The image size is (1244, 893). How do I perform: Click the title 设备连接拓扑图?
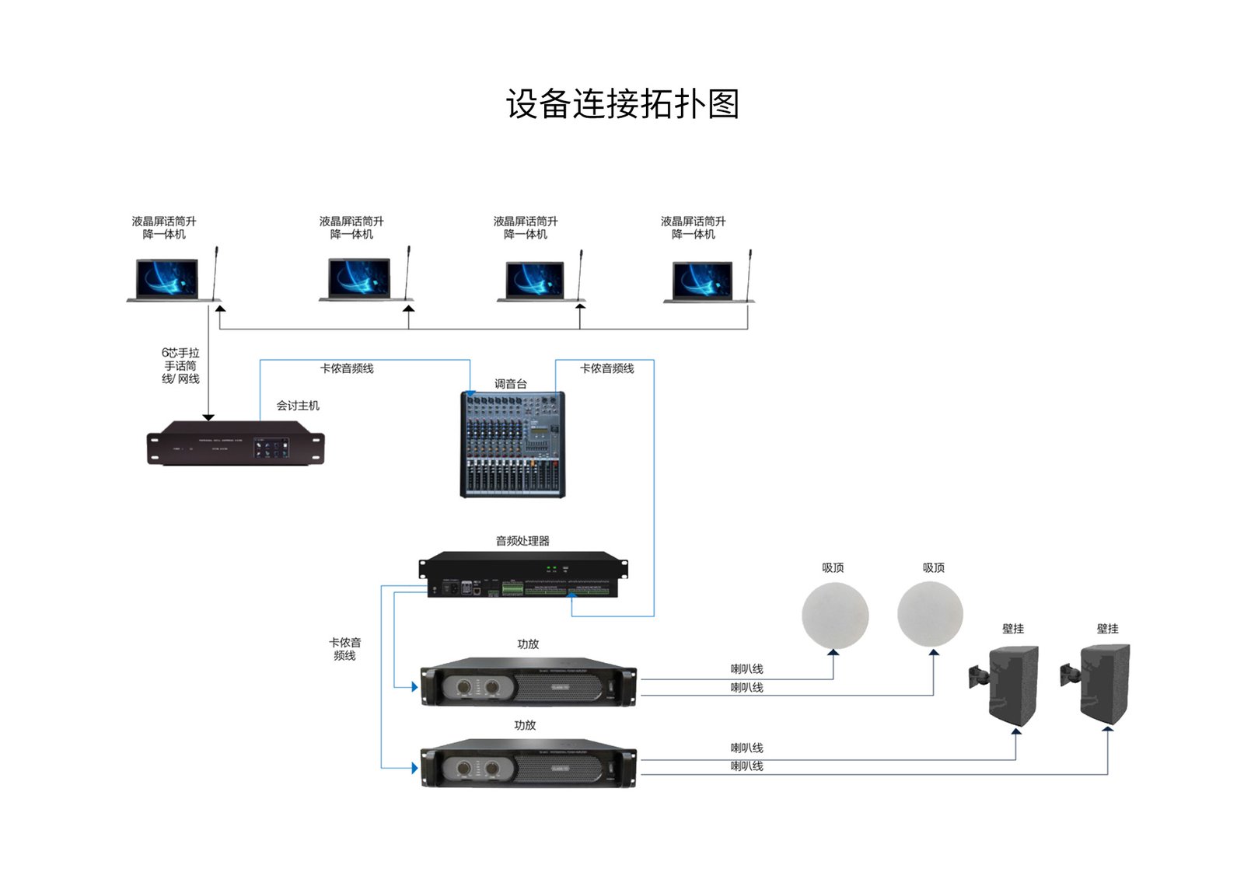[x=622, y=104]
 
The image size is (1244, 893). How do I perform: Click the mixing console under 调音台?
[x=513, y=445]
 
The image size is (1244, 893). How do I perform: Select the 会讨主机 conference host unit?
[x=236, y=443]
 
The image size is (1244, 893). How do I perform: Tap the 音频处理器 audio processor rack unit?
[x=522, y=575]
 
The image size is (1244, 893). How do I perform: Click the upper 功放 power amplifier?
[x=528, y=682]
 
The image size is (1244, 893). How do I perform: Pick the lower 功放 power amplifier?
[x=528, y=763]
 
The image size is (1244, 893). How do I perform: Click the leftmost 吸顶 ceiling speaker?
[x=834, y=614]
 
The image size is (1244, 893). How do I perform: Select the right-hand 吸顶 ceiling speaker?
[x=930, y=614]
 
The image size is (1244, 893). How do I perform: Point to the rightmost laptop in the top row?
[x=702, y=281]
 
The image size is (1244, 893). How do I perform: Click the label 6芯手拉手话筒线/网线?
[x=180, y=365]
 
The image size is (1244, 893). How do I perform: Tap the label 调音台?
[x=510, y=384]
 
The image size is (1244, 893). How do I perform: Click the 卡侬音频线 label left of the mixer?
[x=347, y=368]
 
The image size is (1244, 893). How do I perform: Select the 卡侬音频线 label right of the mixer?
[x=606, y=368]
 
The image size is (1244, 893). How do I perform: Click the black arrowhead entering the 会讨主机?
[x=208, y=417]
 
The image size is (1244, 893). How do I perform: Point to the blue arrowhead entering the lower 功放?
[x=414, y=768]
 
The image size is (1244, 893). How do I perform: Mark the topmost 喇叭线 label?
[x=746, y=668]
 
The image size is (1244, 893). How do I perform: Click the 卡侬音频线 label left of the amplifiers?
[x=344, y=649]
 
